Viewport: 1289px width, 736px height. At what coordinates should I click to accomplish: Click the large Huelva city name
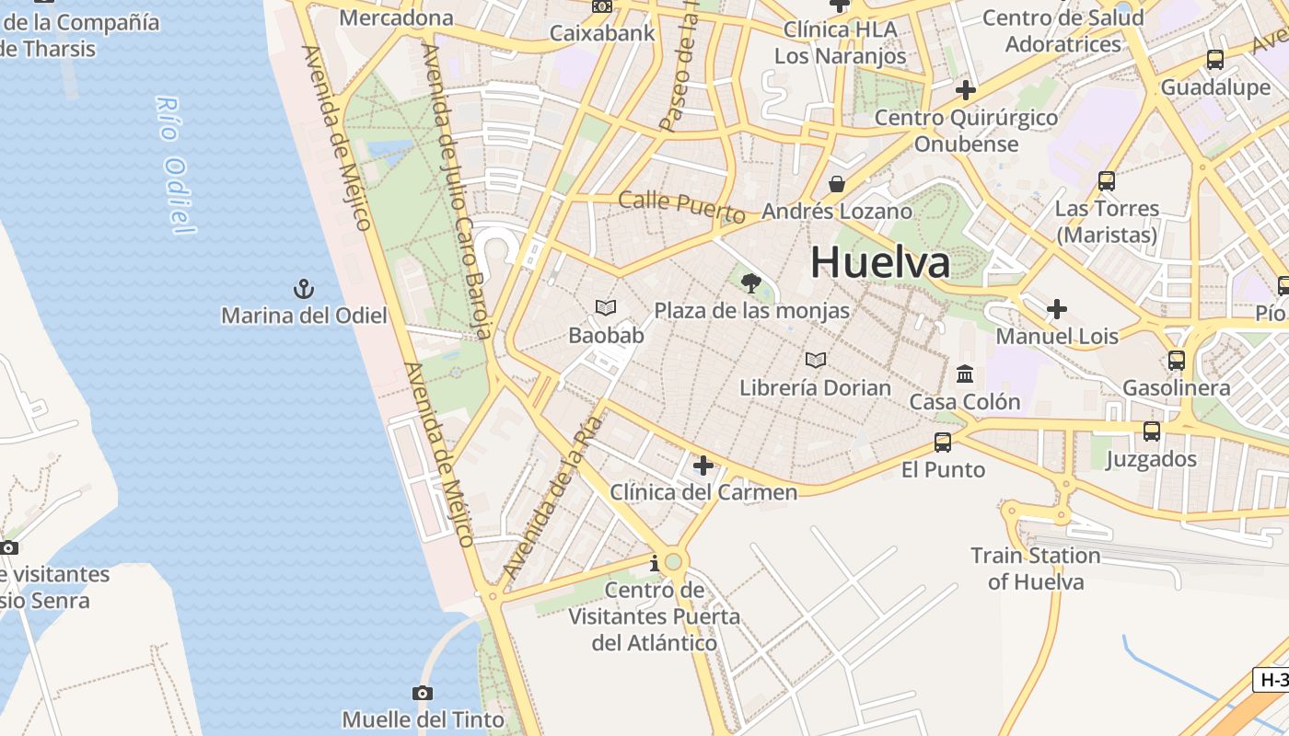(879, 262)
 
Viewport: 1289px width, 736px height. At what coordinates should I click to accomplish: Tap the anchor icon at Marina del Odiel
(304, 290)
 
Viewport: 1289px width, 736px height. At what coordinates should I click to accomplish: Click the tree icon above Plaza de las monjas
(751, 283)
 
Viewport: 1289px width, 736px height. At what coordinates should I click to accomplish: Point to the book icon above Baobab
(606, 307)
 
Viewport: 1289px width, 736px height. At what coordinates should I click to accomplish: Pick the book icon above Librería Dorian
(815, 360)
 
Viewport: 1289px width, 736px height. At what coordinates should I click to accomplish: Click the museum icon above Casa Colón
(965, 374)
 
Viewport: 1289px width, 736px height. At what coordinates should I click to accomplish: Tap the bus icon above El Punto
(943, 442)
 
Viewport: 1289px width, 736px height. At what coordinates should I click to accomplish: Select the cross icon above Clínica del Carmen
(703, 466)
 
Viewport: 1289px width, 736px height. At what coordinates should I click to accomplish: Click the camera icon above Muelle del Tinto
(423, 693)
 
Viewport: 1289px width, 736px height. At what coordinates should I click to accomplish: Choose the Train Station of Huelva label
(1036, 569)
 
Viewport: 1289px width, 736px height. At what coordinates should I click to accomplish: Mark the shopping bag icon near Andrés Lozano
(836, 185)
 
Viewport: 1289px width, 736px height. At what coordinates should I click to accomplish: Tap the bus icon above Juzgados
(1151, 431)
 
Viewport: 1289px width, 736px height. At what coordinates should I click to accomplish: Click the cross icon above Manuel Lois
(1057, 309)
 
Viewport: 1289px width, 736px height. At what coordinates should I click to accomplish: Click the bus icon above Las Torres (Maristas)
(1107, 181)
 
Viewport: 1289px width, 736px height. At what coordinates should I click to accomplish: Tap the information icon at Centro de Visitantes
(655, 562)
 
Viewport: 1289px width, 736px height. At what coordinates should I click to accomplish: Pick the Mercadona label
(397, 17)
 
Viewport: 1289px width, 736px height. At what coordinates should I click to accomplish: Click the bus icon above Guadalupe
(1215, 60)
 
